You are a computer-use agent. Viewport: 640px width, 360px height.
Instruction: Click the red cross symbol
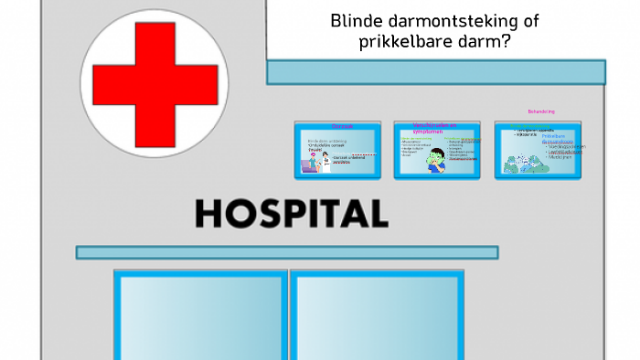[x=149, y=79]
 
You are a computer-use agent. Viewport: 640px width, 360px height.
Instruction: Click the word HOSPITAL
[x=291, y=213]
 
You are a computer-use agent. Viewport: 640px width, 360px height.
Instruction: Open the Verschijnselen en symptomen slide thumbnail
[x=437, y=148]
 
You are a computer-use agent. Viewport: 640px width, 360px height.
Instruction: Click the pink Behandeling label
[x=540, y=111]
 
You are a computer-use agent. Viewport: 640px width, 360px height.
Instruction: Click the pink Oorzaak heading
[x=341, y=126]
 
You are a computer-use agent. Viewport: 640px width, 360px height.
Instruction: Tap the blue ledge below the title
[x=436, y=72]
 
